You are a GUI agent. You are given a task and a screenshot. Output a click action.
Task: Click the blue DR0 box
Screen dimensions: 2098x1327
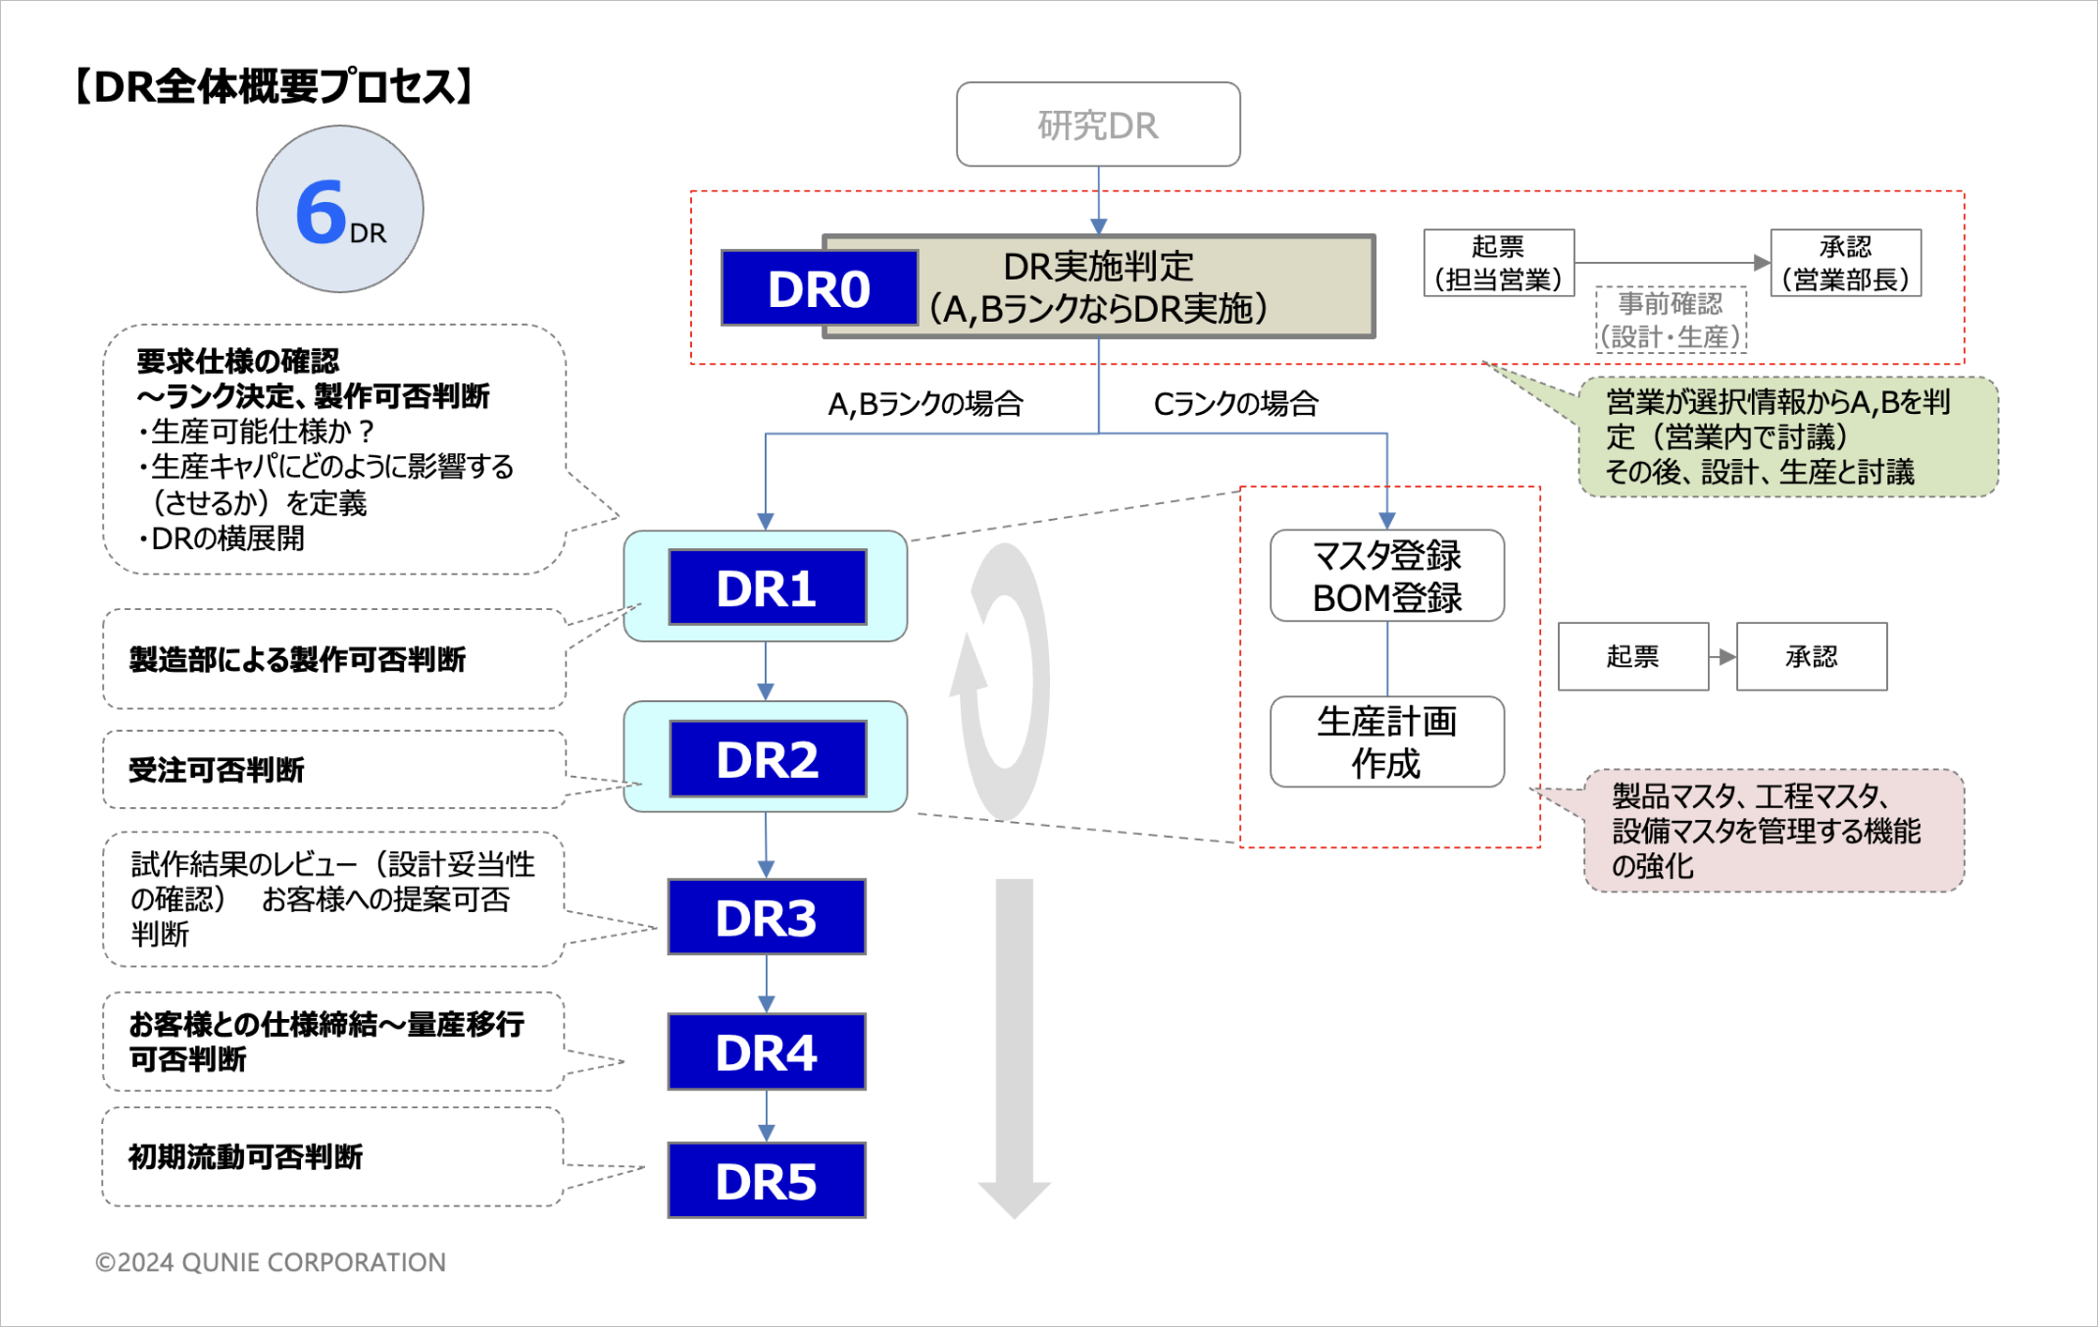point(820,287)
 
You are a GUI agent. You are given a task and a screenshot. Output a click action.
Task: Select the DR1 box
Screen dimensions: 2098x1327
point(768,587)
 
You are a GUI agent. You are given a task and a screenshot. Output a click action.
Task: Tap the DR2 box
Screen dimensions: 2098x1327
point(768,759)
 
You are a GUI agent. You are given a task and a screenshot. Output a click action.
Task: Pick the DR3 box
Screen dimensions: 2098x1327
point(767,917)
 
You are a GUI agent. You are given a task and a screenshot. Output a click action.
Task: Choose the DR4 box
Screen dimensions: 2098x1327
point(767,1052)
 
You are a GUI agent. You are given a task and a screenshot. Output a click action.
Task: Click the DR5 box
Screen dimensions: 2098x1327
point(767,1181)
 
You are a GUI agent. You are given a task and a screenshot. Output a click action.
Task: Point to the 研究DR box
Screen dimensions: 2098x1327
point(1098,125)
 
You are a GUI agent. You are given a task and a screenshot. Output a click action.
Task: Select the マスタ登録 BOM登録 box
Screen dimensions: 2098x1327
point(1387,576)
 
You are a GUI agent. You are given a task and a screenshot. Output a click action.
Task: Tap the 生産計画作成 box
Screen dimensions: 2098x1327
point(1387,741)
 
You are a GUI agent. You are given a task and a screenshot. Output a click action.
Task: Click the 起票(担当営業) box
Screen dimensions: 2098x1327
point(1499,263)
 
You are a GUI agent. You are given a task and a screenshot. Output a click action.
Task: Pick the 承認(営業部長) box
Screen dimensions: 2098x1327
point(1846,263)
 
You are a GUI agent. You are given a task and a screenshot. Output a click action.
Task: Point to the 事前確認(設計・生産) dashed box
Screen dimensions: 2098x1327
point(1672,320)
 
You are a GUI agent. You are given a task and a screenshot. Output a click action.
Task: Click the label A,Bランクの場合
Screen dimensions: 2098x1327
point(925,403)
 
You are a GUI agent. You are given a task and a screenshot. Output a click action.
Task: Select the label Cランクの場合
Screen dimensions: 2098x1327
point(1236,403)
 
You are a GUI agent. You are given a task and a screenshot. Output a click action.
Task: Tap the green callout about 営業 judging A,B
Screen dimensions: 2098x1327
point(1787,437)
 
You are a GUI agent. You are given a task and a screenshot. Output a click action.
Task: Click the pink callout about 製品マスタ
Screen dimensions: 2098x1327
point(1773,831)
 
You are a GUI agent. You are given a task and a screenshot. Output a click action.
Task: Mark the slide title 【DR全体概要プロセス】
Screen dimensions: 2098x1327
point(275,86)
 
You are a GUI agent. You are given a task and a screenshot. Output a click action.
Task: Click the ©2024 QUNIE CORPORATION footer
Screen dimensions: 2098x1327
point(271,1262)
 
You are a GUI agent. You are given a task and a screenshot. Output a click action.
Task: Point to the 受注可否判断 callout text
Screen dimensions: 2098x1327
point(217,770)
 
